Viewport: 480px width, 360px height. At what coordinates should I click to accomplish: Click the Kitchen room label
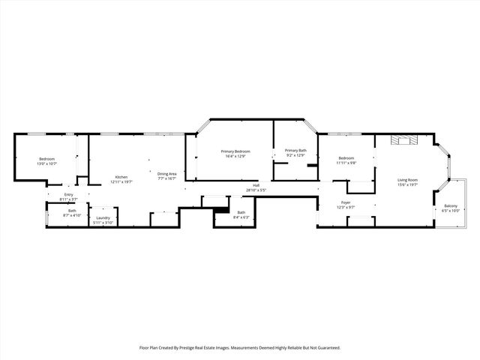[121, 176]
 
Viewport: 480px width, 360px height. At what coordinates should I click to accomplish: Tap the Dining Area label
[166, 174]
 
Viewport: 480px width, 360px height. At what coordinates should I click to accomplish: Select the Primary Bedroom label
[235, 151]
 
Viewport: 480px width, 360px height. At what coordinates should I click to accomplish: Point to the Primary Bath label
[295, 151]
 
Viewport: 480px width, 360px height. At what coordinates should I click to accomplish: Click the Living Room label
[408, 180]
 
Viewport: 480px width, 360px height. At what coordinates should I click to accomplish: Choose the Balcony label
[451, 206]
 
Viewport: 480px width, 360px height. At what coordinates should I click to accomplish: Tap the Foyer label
[346, 202]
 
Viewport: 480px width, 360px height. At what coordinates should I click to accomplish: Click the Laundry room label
[103, 218]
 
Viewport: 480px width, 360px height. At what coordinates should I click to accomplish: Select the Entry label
[69, 195]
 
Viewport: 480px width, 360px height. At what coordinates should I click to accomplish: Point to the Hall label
[256, 185]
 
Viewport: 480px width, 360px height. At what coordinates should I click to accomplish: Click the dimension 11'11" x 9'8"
[346, 163]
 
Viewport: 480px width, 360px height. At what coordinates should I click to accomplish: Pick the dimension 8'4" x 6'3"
[241, 217]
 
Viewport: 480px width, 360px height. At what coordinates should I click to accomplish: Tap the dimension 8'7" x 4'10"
[72, 215]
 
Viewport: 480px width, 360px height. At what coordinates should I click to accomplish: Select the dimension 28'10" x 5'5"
[256, 190]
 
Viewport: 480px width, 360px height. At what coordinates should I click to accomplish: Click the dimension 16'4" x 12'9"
[235, 157]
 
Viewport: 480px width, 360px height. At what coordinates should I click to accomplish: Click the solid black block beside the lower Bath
[221, 211]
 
